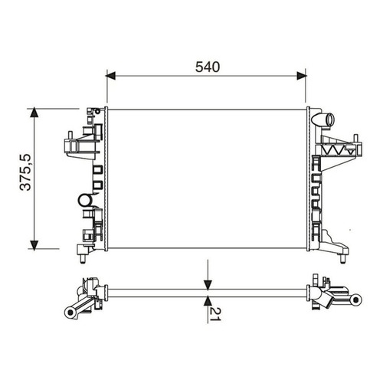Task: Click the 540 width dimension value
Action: click(208, 67)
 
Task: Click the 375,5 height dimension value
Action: click(25, 172)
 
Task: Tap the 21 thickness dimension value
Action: click(215, 314)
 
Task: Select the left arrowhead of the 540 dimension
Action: click(110, 76)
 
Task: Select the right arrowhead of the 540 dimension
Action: click(302, 76)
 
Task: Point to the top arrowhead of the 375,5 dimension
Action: click(34, 113)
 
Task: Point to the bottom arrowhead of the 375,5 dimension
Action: click(34, 245)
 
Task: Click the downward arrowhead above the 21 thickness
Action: click(208, 285)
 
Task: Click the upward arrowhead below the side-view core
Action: click(208, 301)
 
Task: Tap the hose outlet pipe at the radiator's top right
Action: click(323, 119)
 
